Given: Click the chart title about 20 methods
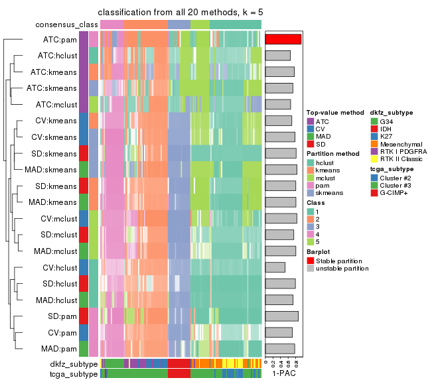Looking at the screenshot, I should tap(180, 13).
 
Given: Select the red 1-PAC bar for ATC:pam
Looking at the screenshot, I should tap(283, 39).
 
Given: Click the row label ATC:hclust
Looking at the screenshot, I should tap(57, 55).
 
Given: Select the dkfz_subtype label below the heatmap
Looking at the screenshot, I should tap(74, 364).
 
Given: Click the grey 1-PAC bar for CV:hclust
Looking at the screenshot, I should tap(275, 267).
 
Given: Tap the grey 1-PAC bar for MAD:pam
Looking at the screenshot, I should tap(280, 349).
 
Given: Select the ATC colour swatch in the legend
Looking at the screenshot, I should tap(310, 122).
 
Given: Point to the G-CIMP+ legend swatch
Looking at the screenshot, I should tap(374, 192).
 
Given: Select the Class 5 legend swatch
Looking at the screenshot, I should tap(310, 243).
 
